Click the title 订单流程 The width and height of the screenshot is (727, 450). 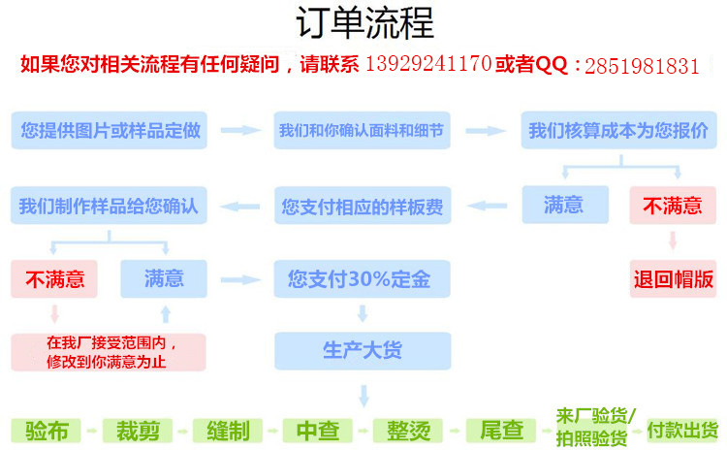tap(363, 23)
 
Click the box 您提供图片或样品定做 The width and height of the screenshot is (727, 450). tap(110, 130)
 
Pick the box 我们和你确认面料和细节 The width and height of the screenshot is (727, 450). tap(362, 130)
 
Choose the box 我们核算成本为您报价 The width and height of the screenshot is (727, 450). tap(618, 130)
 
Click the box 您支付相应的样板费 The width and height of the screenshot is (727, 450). tap(362, 207)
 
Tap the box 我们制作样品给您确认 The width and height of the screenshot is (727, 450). tap(109, 207)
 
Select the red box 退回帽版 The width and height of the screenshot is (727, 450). tap(674, 279)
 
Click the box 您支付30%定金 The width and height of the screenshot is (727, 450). tap(362, 279)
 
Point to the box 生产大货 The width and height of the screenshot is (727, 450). tap(362, 350)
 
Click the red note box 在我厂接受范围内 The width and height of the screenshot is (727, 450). tap(109, 351)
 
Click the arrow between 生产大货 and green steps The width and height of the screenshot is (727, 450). tap(363, 395)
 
